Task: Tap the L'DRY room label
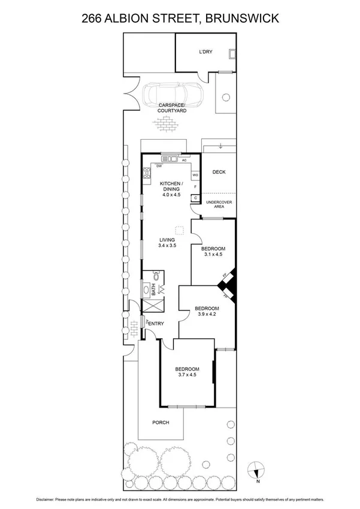205,52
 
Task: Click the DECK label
219,172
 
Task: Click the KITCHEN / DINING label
170,186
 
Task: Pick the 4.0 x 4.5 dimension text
170,195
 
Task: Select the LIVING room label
167,240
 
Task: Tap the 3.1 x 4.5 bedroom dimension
213,254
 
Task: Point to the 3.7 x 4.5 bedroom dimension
187,375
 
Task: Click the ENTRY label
156,324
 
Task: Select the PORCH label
160,423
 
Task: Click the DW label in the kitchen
159,166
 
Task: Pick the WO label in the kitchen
195,176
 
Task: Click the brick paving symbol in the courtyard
166,125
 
